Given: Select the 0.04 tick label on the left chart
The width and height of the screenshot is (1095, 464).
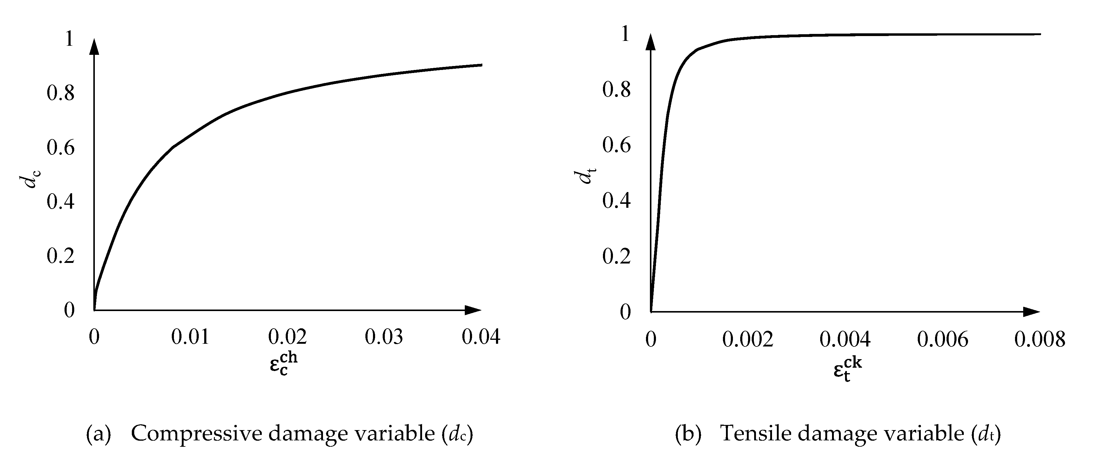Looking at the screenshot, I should tap(481, 337).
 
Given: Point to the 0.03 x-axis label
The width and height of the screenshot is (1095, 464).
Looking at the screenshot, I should tap(384, 337).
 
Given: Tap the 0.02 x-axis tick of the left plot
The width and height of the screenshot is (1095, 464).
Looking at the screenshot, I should tap(287, 337).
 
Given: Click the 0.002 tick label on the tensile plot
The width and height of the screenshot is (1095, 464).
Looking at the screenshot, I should tap(748, 340).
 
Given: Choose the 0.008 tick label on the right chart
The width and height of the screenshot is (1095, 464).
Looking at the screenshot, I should tap(1040, 340).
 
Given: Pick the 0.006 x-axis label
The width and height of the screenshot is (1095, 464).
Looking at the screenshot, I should tap(942, 340).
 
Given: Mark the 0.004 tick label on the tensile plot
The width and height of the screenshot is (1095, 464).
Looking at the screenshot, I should tap(845, 340).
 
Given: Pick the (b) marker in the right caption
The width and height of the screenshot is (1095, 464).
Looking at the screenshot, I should tap(688, 433).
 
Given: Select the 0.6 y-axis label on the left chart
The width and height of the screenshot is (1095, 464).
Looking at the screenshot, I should tap(60, 147).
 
